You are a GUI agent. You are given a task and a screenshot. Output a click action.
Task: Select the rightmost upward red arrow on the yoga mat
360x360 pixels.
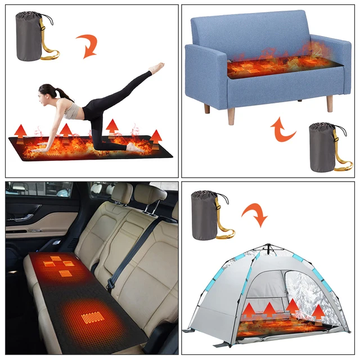click(x=156, y=137)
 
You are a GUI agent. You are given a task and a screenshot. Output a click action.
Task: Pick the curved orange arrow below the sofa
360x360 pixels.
click(x=283, y=130)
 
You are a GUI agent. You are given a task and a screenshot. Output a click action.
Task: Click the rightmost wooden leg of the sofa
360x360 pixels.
click(x=330, y=103)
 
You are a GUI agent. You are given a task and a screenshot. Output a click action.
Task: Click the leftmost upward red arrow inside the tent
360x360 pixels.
click(x=249, y=310)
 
